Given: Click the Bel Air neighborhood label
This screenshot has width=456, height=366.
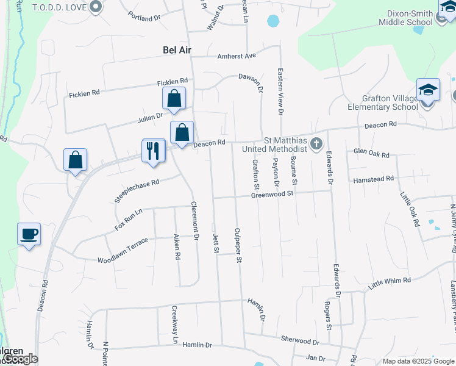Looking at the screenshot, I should pos(177,50).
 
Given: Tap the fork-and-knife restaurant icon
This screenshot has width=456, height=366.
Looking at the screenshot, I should pos(152,149).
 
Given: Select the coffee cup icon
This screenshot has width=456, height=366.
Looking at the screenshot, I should pos(29,234).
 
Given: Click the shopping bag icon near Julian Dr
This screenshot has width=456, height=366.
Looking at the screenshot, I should pos(174,99).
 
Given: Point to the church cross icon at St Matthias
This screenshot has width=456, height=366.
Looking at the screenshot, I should pos(316,144).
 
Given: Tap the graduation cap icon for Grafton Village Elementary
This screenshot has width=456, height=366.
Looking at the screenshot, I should pos(428,90).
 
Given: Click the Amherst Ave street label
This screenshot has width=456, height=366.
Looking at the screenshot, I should pos(237,56).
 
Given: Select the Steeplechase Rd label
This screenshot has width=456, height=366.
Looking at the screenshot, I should pos(137,191).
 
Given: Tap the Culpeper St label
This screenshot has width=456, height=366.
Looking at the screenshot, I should pos(238,246).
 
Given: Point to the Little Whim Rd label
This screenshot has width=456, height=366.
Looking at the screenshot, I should pos(390,282).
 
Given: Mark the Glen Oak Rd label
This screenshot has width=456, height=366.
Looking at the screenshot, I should pos(371,154).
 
